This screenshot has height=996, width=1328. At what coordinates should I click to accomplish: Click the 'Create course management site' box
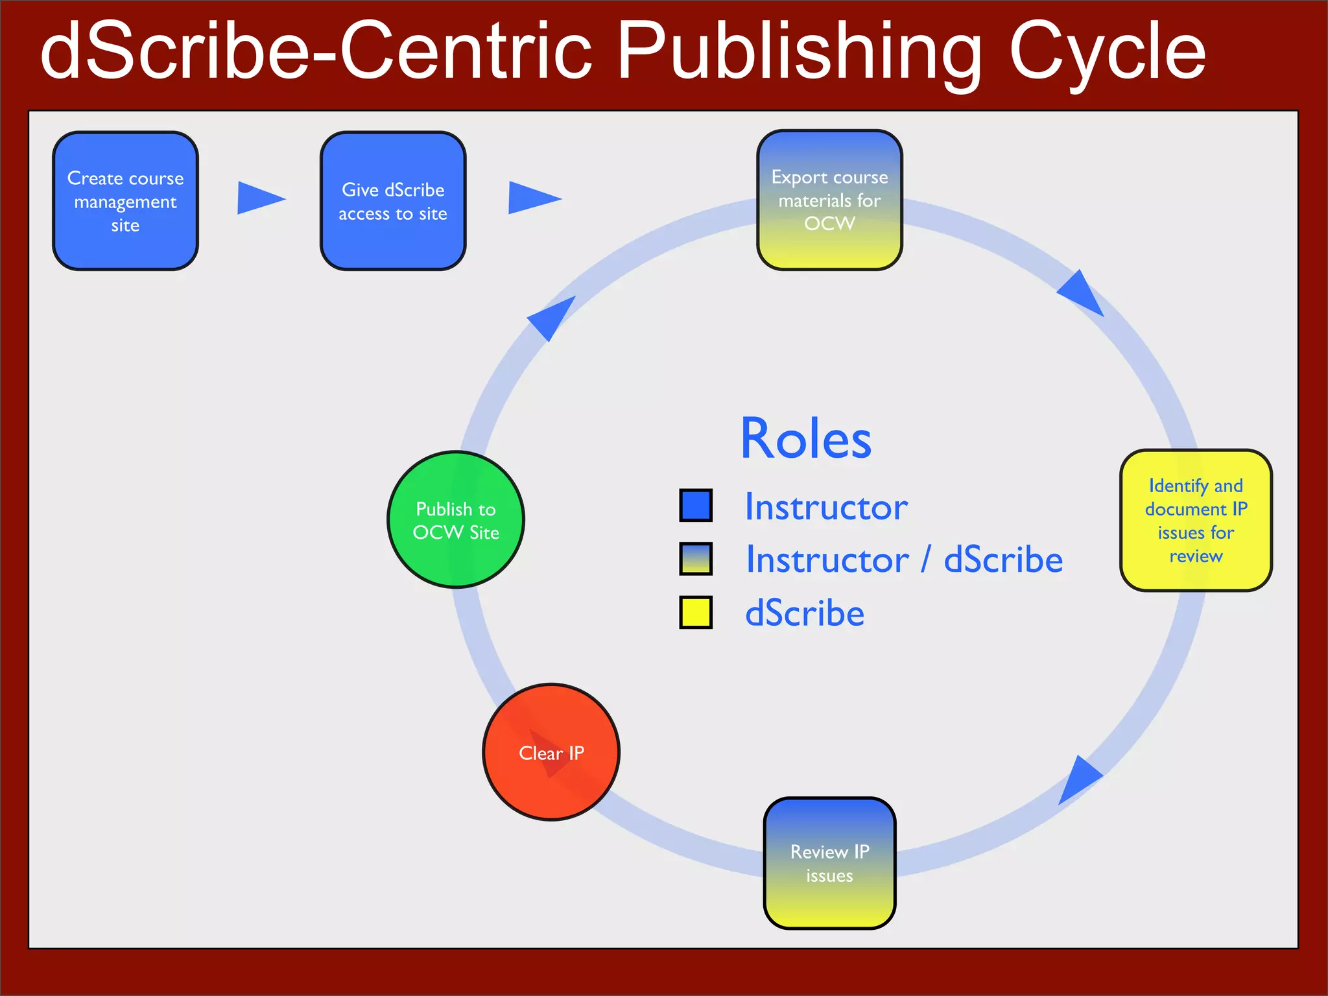point(125,201)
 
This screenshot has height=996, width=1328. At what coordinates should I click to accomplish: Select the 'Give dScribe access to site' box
point(393,201)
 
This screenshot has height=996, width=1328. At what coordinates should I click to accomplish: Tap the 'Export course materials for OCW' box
point(829,200)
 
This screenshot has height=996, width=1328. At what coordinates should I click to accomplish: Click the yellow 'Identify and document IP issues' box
point(1196,520)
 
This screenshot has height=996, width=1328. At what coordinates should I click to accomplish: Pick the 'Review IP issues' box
point(829,863)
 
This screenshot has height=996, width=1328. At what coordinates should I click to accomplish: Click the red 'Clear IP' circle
point(551,752)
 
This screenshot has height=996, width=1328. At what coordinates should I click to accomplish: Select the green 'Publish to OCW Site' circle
point(456,519)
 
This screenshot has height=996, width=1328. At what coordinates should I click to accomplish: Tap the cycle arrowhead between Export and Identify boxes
point(1083,294)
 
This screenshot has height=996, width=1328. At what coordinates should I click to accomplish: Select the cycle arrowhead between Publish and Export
point(552,317)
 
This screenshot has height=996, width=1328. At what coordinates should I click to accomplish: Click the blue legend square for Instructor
point(696,505)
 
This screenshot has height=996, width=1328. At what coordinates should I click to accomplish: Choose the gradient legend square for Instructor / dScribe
point(696,559)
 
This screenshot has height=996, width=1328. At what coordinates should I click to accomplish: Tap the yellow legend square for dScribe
point(696,612)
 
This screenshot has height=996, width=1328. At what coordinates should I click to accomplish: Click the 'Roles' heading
point(806,439)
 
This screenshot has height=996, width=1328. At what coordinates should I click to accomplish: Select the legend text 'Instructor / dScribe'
point(904,560)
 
